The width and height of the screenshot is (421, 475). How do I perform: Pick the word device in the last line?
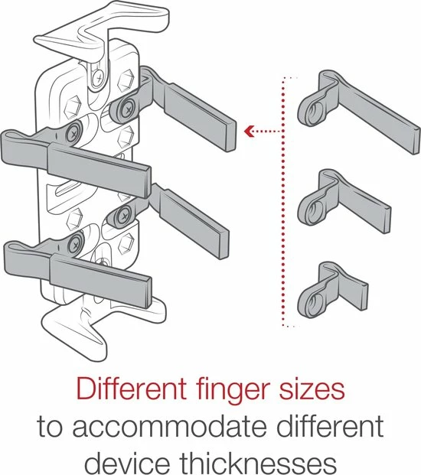tap(127, 464)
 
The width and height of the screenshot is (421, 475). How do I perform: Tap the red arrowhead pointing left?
tap(249, 131)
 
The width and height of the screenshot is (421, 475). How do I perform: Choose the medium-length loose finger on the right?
tap(344, 201)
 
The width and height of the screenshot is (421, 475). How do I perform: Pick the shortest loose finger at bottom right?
tap(333, 289)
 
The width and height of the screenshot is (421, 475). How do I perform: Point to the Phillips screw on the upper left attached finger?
tap(73, 133)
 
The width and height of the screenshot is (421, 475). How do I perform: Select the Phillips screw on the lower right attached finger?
tap(123, 216)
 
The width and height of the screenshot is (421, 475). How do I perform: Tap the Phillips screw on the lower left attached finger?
tap(75, 244)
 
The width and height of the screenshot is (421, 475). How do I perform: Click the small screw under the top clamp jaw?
tap(99, 78)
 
